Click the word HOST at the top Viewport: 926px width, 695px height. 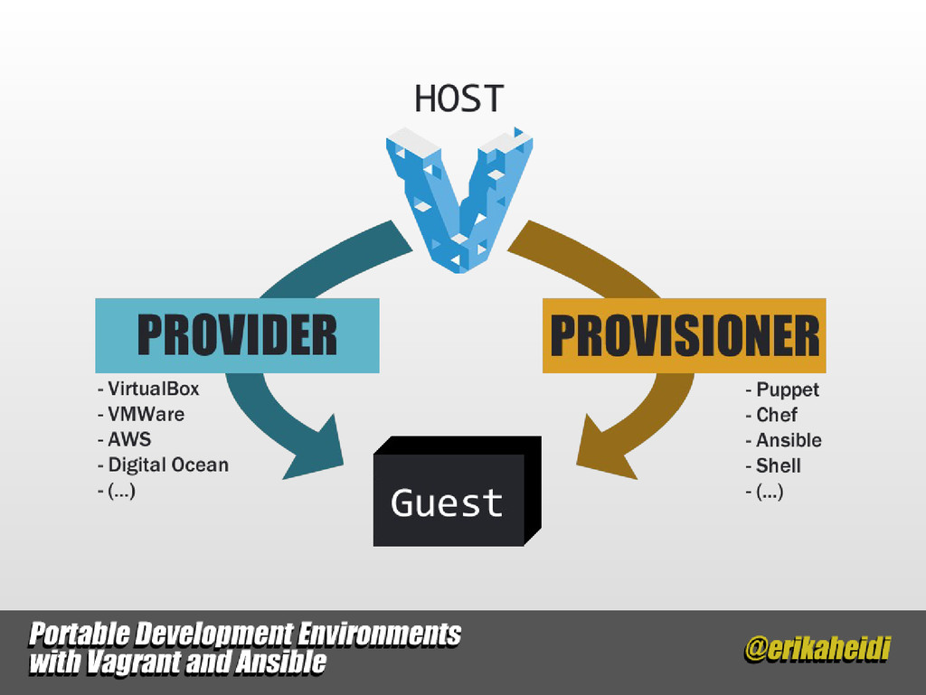tap(458, 99)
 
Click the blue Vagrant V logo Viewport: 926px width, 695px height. tap(458, 200)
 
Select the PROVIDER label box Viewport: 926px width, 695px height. tap(237, 335)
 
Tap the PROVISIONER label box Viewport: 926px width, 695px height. tap(684, 335)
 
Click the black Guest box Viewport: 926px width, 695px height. tap(457, 491)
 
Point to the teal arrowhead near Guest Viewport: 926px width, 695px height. tap(316, 449)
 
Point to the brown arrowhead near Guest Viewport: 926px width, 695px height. tap(604, 449)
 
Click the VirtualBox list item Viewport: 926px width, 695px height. tap(148, 389)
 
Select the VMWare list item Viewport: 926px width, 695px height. tap(140, 414)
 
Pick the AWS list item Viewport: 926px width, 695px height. tap(124, 439)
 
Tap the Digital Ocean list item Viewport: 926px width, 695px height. tap(163, 465)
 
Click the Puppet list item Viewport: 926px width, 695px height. tap(782, 390)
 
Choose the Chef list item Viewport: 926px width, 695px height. tap(771, 415)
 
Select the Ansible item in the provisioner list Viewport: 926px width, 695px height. tap(784, 440)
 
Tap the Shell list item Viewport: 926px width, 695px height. tap(773, 465)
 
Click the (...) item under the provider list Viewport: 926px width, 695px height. tap(117, 490)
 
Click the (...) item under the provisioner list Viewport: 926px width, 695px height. tap(765, 492)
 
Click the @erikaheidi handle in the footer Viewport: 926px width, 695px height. tap(817, 649)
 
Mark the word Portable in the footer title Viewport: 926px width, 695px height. tap(80, 634)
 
